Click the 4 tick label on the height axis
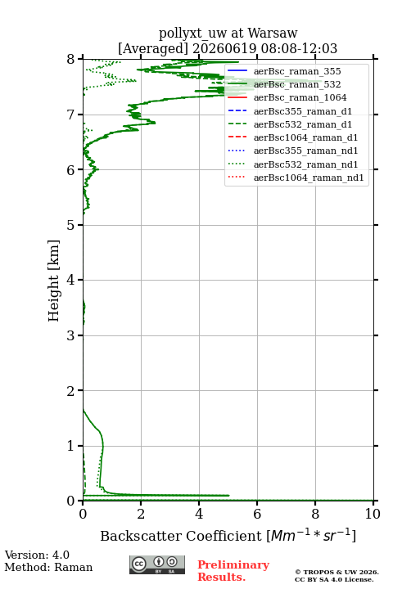71,280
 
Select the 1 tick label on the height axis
71,446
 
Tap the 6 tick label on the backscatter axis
257,514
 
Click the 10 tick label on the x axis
373,514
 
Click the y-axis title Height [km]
54,281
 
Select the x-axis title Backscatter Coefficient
180,536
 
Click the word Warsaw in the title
273,33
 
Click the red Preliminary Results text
233,571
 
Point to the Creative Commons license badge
157,564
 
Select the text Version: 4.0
37,555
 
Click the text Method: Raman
48,567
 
